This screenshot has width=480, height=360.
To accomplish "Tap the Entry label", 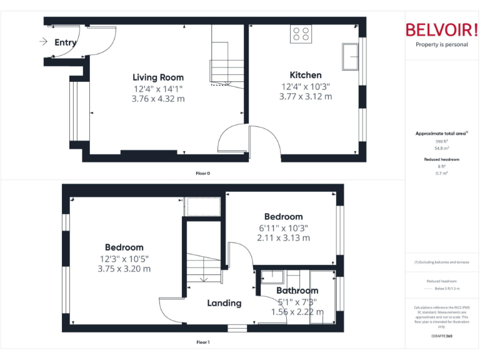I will pyautogui.click(x=66, y=42).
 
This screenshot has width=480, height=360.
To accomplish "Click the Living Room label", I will pyautogui.click(x=158, y=77).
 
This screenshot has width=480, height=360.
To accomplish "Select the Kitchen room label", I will pyautogui.click(x=305, y=75).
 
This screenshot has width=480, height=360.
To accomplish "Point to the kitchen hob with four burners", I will pyautogui.click(x=301, y=34).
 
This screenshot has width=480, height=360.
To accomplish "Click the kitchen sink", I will pyautogui.click(x=349, y=56).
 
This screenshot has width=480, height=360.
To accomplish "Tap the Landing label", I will pyautogui.click(x=224, y=303).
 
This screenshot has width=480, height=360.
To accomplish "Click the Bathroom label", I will pyautogui.click(x=297, y=291).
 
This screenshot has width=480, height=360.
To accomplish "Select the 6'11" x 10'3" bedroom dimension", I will pyautogui.click(x=282, y=227).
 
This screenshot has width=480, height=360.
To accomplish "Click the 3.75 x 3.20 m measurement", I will pyautogui.click(x=124, y=269).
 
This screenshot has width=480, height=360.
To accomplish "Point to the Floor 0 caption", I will pyautogui.click(x=202, y=173).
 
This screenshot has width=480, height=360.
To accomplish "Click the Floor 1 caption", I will pyautogui.click(x=202, y=342).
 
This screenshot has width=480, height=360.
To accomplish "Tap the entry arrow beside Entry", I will pyautogui.click(x=43, y=42).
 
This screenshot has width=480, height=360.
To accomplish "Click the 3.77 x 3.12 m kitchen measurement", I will pyautogui.click(x=305, y=96).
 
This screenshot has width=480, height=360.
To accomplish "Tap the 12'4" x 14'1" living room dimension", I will pyautogui.click(x=158, y=89).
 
